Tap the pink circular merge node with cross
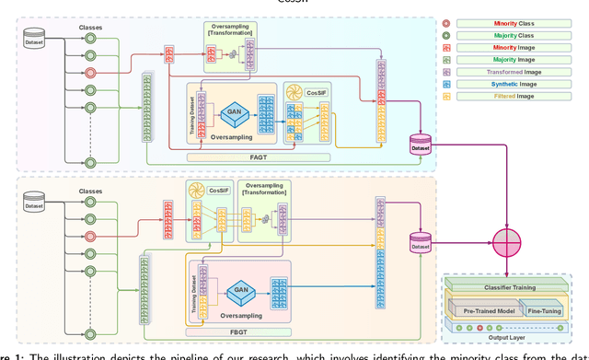point(506,242)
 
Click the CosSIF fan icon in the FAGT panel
point(295,91)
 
